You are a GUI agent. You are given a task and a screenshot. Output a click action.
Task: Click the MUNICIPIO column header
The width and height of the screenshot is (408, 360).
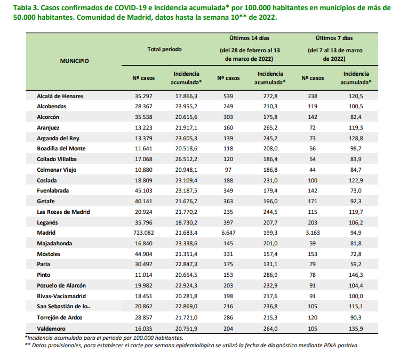coord(75,61)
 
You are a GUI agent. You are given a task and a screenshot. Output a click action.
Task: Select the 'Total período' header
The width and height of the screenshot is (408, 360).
coord(164,49)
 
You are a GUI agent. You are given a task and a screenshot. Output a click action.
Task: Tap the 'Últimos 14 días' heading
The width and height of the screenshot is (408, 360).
coord(249,38)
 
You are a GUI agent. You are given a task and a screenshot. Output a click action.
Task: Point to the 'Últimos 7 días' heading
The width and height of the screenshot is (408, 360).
coord(334,38)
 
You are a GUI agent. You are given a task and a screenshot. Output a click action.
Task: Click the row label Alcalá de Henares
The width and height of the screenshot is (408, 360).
coord(60,96)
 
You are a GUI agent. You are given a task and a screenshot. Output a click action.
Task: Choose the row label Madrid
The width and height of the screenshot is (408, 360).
coord(46,233)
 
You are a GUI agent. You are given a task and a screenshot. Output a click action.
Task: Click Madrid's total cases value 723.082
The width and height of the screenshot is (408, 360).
coord(143,233)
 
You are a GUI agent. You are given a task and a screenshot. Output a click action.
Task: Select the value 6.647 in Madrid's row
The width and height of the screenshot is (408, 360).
coord(228,233)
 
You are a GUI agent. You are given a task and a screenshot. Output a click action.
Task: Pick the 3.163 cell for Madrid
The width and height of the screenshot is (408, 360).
coord(313,233)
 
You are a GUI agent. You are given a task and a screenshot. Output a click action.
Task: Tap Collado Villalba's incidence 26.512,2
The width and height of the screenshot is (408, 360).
coord(186,159)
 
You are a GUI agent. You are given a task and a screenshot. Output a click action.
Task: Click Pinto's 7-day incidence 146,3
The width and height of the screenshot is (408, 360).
coord(356,275)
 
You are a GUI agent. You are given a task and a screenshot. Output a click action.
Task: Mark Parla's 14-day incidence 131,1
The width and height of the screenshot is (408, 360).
coord(270,265)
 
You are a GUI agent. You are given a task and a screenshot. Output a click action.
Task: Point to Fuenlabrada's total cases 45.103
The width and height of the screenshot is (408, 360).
coord(143,190)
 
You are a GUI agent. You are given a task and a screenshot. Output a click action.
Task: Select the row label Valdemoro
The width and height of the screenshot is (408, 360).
coord(51,329)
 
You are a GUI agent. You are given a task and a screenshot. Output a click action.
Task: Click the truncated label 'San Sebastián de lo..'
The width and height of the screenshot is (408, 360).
coord(64,307)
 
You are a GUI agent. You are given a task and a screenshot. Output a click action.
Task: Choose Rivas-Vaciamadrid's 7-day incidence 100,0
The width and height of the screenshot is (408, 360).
coord(356,297)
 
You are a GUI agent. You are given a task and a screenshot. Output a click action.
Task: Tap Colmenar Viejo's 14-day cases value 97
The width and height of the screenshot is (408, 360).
coord(228,170)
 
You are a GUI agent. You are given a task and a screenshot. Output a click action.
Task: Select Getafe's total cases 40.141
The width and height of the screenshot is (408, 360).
coord(143,201)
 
